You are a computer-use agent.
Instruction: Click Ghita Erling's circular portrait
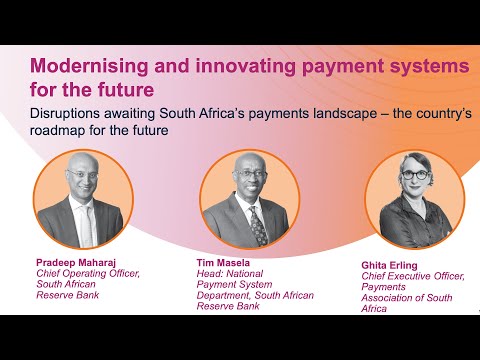tap(400, 200)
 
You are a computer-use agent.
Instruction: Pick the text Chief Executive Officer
tap(413, 277)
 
